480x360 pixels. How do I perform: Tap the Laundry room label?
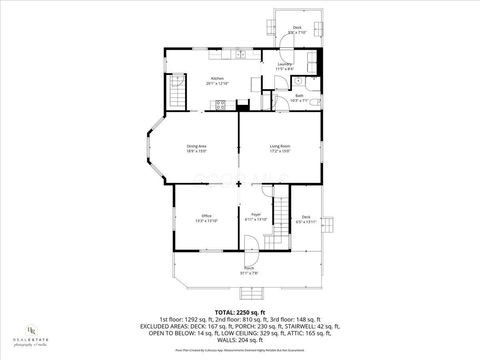tap(284, 65)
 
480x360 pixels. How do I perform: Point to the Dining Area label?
tap(197, 149)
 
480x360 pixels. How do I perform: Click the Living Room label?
tap(279, 149)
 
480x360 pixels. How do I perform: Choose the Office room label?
tap(205, 217)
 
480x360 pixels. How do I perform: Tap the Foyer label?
tap(256, 216)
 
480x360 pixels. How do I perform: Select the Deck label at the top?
tap(297, 30)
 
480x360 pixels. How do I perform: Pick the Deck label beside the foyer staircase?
tap(307, 219)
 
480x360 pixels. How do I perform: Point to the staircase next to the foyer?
tap(283, 212)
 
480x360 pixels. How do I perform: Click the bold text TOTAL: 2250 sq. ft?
tap(240, 285)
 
